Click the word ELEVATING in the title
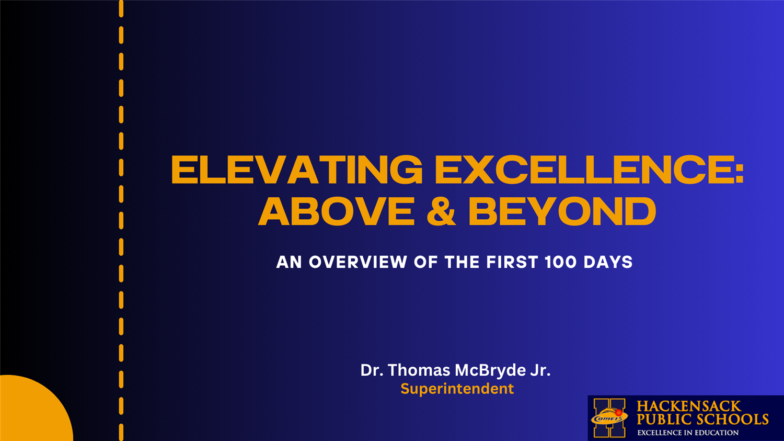(297, 169)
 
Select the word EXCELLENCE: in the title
(589, 169)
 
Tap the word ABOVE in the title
(336, 211)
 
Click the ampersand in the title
(441, 211)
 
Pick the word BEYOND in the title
(562, 211)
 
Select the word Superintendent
(457, 389)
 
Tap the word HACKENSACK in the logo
(689, 406)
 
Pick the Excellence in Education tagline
(688, 433)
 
